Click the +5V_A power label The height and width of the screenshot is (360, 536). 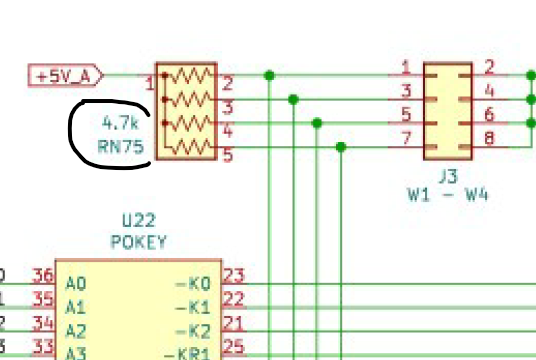click(x=66, y=75)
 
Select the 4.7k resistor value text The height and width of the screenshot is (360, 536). click(x=121, y=124)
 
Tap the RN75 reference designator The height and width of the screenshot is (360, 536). click(x=121, y=146)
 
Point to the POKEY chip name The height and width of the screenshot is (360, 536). click(x=138, y=241)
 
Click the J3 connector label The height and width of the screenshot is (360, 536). click(x=447, y=176)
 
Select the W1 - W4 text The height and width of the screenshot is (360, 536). click(x=447, y=195)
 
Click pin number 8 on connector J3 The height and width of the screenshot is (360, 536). click(x=489, y=139)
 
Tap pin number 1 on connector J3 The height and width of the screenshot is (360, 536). click(x=405, y=68)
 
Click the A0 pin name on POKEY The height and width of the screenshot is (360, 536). click(x=75, y=284)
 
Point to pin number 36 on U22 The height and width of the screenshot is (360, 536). click(x=42, y=277)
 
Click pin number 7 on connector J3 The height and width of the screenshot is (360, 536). click(x=405, y=139)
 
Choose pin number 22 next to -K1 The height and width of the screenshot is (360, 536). click(x=233, y=300)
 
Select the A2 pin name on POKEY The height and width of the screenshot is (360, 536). click(x=75, y=329)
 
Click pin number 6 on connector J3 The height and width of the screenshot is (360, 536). click(x=489, y=115)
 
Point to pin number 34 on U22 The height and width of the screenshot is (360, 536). click(x=42, y=322)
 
